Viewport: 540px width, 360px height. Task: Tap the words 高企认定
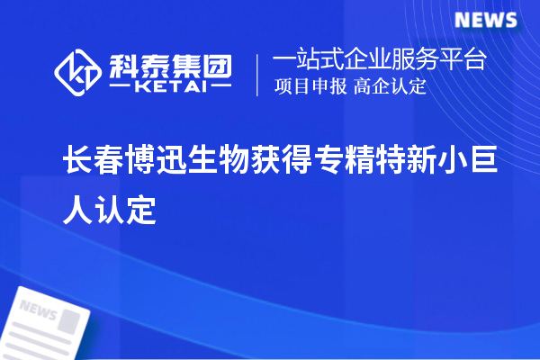point(390,87)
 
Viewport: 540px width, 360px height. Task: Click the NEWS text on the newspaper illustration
point(37,312)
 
